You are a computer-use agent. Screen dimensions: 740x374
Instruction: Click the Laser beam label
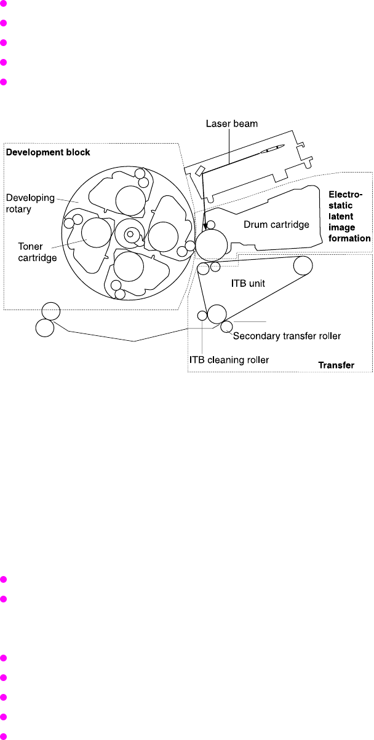pos(231,124)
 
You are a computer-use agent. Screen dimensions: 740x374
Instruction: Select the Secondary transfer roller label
pos(287,336)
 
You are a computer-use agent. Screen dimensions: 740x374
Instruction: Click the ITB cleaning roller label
pos(237,360)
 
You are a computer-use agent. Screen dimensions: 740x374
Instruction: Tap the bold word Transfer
pos(336,365)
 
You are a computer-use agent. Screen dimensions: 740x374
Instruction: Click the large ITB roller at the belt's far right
pos(303,265)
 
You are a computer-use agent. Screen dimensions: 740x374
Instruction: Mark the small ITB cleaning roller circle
pos(202,316)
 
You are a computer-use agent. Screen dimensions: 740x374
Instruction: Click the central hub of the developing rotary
pos(130,234)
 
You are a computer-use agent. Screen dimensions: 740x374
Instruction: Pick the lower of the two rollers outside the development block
pos(44,328)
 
